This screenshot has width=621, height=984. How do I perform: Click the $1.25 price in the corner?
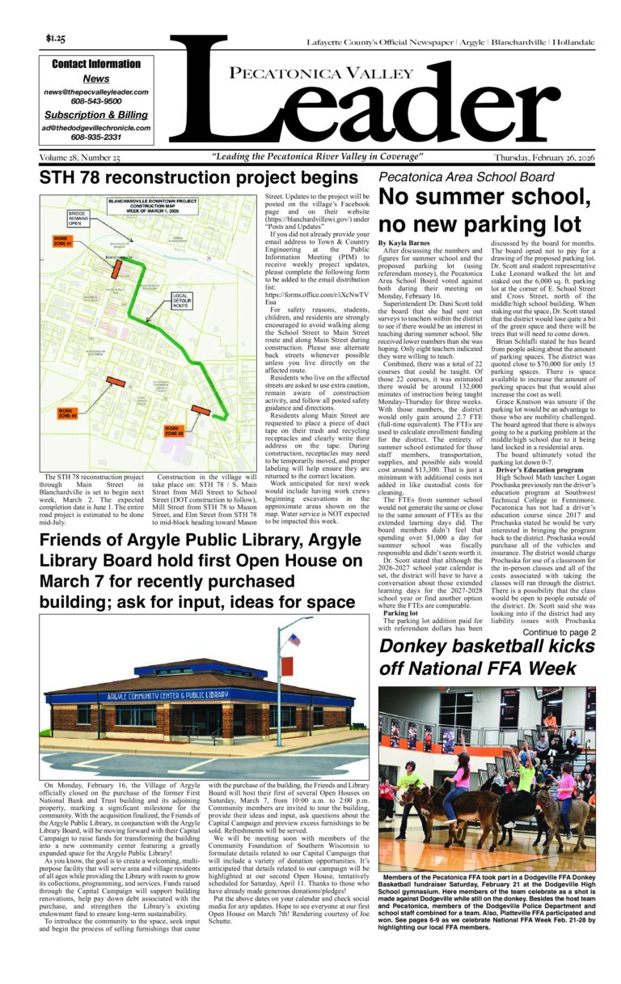click(x=56, y=39)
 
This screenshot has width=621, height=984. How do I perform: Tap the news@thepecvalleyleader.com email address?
click(x=96, y=92)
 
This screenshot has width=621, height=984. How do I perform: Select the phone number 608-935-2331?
click(x=96, y=138)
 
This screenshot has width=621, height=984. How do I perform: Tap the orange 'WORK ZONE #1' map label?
click(x=63, y=241)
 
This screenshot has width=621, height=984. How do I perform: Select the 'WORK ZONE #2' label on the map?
click(x=66, y=414)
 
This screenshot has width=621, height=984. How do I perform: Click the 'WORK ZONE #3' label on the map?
click(x=175, y=431)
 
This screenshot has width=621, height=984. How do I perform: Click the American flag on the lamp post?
click(x=294, y=640)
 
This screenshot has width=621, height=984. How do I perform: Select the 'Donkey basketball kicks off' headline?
click(x=488, y=657)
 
